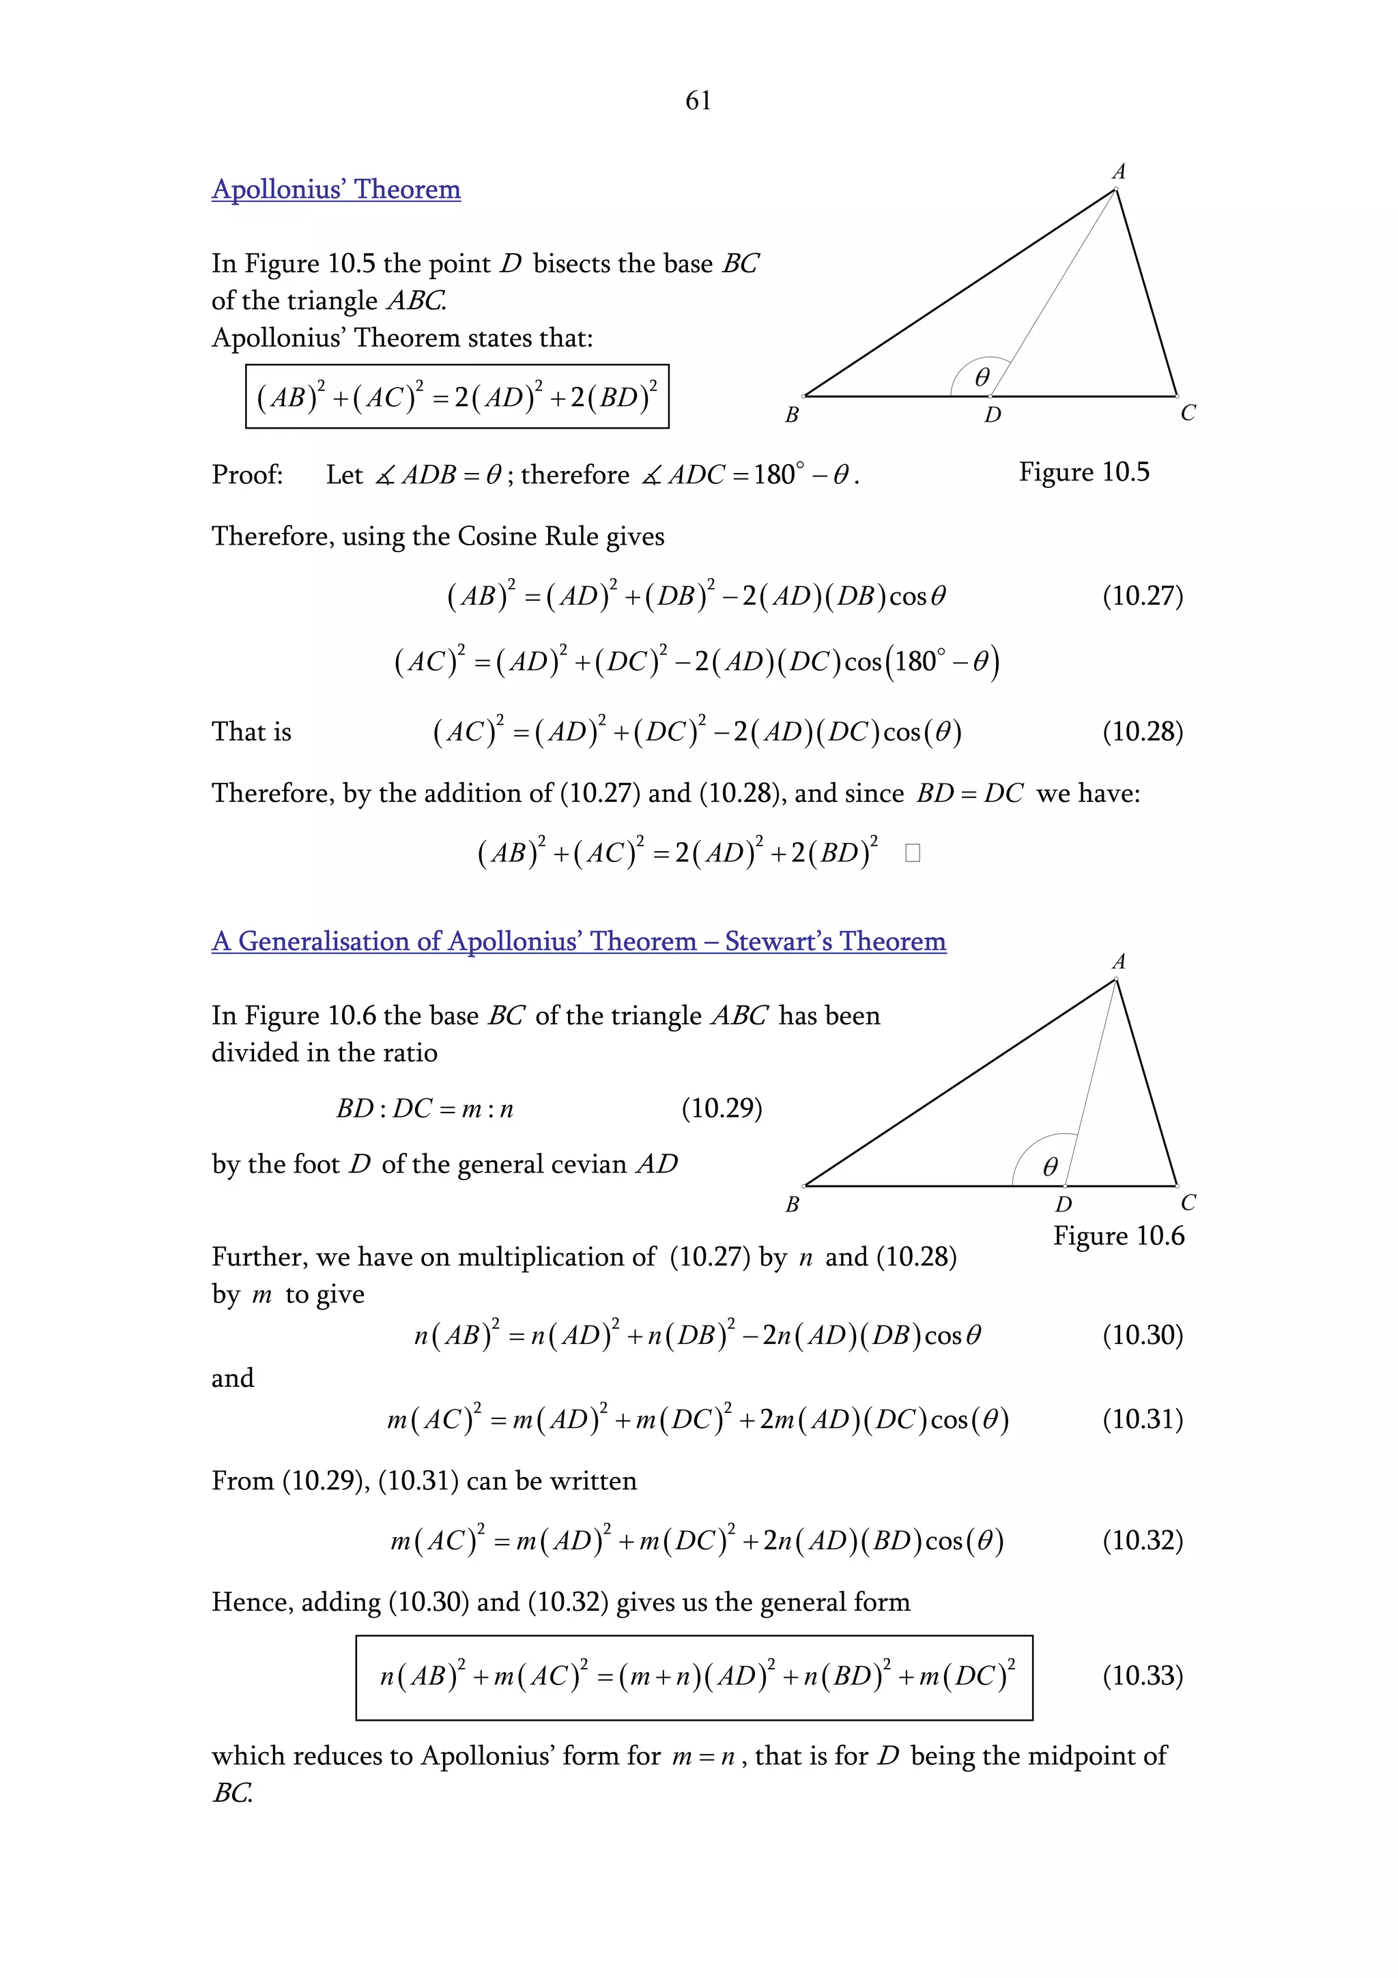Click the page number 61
[x=698, y=101]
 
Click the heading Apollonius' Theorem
[x=336, y=190]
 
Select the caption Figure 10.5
[x=1083, y=472]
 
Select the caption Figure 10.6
[x=1118, y=1235]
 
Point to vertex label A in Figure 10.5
[x=1119, y=171]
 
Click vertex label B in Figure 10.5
[x=792, y=415]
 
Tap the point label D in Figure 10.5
[x=993, y=415]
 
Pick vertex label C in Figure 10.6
[x=1188, y=1203]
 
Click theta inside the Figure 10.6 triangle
[x=1049, y=1166]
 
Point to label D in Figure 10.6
[x=1064, y=1205]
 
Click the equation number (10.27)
[x=1142, y=596]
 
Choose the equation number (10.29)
[x=721, y=1108]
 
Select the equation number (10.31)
[x=1142, y=1419]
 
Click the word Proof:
[x=247, y=474]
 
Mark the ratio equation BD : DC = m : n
[x=425, y=1108]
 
